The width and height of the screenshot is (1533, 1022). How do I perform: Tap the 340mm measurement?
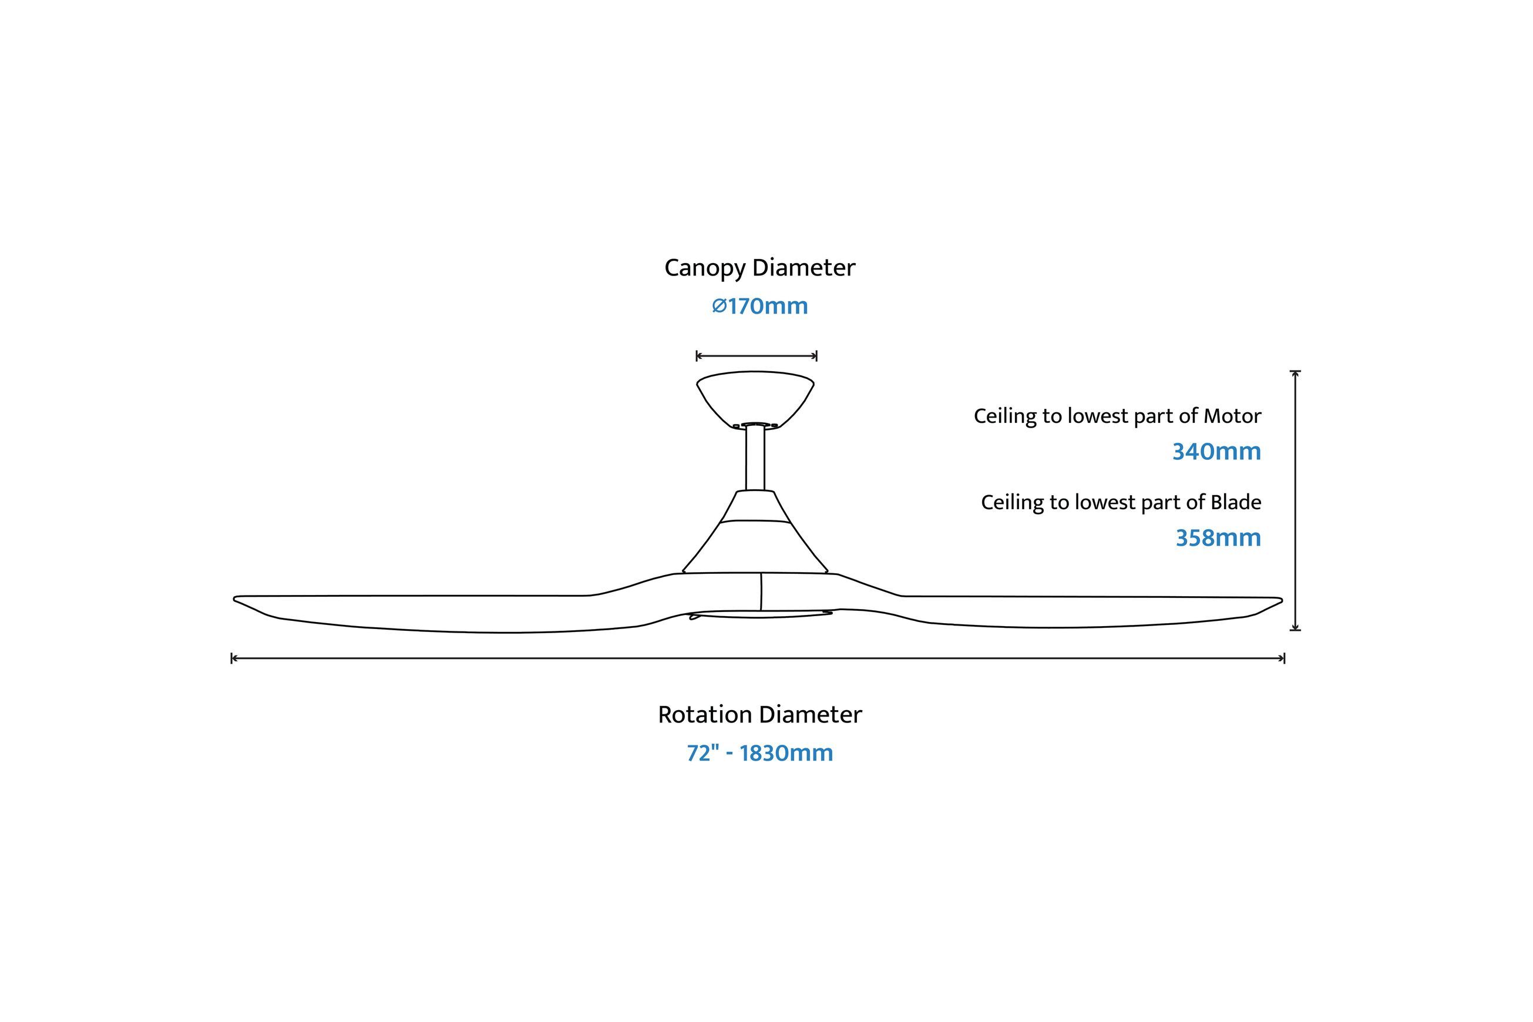click(1216, 452)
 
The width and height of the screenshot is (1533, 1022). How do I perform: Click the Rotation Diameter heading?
click(759, 715)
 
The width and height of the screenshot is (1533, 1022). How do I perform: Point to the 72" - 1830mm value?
click(760, 754)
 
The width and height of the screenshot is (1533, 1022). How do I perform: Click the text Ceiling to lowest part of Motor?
click(1117, 416)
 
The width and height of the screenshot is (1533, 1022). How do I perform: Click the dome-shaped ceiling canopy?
click(755, 399)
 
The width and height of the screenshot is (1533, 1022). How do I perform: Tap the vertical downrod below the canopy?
click(755, 458)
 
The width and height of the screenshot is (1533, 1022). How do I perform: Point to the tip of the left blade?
click(234, 599)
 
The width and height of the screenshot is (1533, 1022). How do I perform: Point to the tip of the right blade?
click(1282, 600)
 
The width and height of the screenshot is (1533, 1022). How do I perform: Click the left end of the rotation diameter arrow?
click(232, 658)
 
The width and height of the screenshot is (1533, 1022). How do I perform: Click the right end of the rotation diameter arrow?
click(1284, 658)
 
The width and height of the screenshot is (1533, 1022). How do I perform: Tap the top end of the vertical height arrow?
click(1295, 372)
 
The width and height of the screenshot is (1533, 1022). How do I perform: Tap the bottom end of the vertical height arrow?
click(1295, 630)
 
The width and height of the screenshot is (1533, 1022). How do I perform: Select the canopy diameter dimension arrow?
click(756, 356)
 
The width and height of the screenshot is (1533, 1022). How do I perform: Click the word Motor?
click(1232, 416)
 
